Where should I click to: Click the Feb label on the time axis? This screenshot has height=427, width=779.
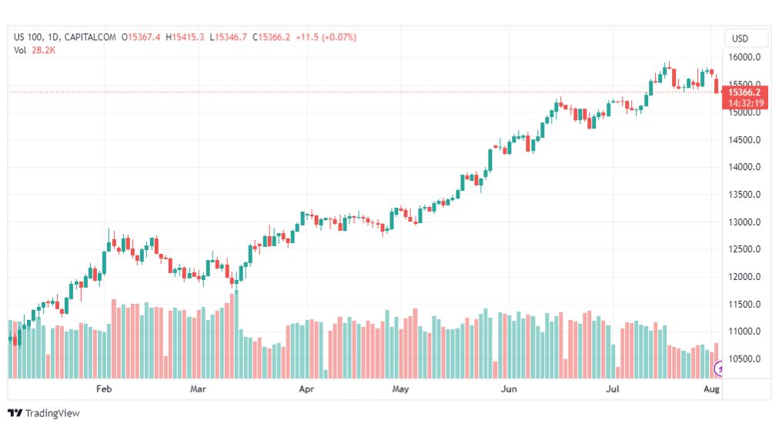tap(105, 389)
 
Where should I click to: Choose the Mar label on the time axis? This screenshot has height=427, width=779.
tap(199, 389)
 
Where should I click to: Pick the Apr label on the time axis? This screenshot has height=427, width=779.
tap(307, 389)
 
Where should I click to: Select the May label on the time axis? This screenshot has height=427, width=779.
tap(400, 389)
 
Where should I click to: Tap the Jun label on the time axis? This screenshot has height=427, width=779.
tap(508, 389)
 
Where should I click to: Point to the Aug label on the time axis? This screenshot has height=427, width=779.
tap(712, 389)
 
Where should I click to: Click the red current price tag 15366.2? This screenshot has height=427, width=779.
tap(744, 92)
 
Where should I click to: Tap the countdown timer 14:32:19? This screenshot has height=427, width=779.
tap(744, 103)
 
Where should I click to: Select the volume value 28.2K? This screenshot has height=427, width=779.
tap(43, 50)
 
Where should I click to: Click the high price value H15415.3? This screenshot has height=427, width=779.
tap(189, 37)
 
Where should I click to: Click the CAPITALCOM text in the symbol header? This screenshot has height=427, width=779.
tap(92, 37)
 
